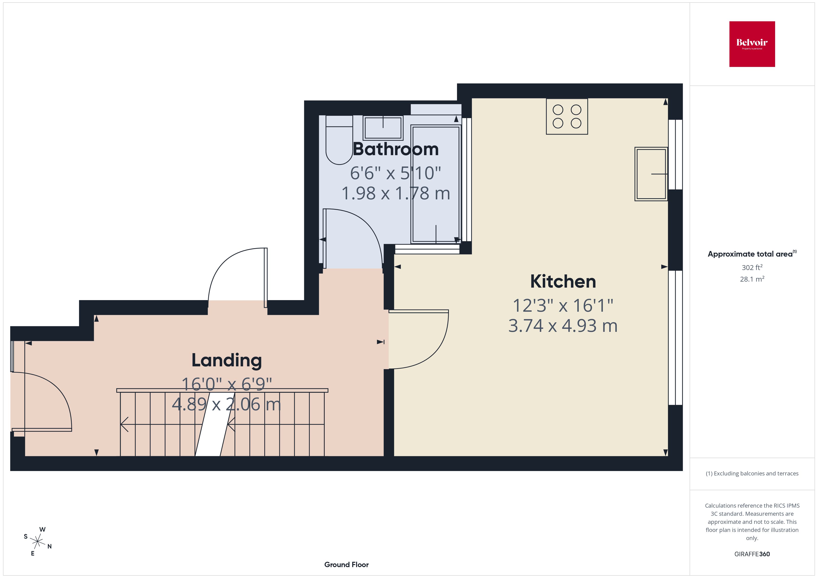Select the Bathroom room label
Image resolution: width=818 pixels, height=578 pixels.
coord(396,149)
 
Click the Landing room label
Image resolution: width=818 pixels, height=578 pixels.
coord(227,360)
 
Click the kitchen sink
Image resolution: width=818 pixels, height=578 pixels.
coord(651,174)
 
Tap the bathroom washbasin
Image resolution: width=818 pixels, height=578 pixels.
coord(383,128)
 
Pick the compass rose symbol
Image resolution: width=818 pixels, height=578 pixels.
coord(37,542)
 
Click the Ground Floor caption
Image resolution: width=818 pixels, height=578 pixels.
coord(346,565)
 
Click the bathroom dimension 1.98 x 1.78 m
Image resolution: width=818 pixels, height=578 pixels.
coord(396,193)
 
